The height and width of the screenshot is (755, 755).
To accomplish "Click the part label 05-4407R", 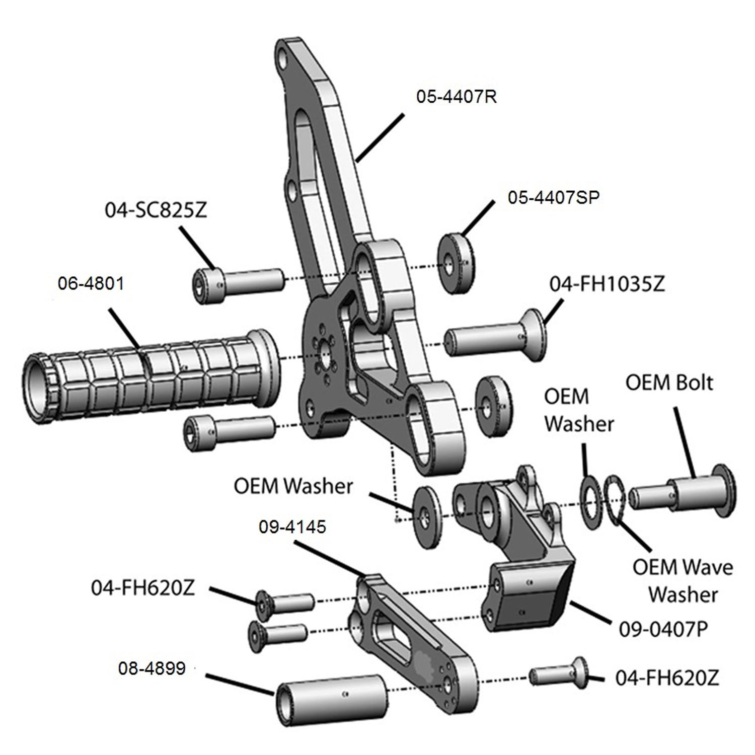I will [x=456, y=96].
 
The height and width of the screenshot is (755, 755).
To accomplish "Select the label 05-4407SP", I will [x=553, y=197].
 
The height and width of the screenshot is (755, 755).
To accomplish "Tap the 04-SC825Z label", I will [x=156, y=210].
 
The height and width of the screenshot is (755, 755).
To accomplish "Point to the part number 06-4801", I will [x=91, y=283].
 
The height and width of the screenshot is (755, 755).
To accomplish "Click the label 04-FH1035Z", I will [x=607, y=284].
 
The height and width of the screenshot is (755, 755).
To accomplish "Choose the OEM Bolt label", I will [x=669, y=383].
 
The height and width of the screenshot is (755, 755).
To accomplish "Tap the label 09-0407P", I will [x=663, y=629].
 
